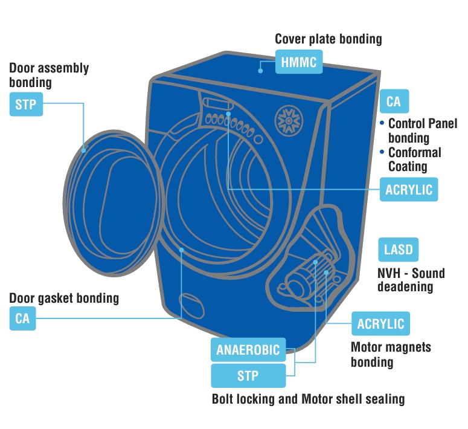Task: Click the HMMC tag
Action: tap(298, 62)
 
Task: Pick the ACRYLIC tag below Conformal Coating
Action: tap(409, 189)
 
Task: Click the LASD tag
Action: tap(398, 250)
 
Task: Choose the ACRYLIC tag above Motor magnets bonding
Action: tap(380, 324)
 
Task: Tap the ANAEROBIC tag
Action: tap(248, 349)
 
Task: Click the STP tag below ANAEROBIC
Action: tap(248, 376)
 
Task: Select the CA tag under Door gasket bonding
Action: tap(22, 318)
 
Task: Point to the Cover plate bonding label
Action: tap(329, 39)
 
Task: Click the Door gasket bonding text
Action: tap(64, 298)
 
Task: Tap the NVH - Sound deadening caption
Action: tap(411, 280)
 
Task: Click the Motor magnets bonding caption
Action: tap(391, 355)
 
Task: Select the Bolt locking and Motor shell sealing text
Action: tap(308, 399)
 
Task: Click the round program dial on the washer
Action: tap(287, 120)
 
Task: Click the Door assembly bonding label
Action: tap(49, 74)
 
